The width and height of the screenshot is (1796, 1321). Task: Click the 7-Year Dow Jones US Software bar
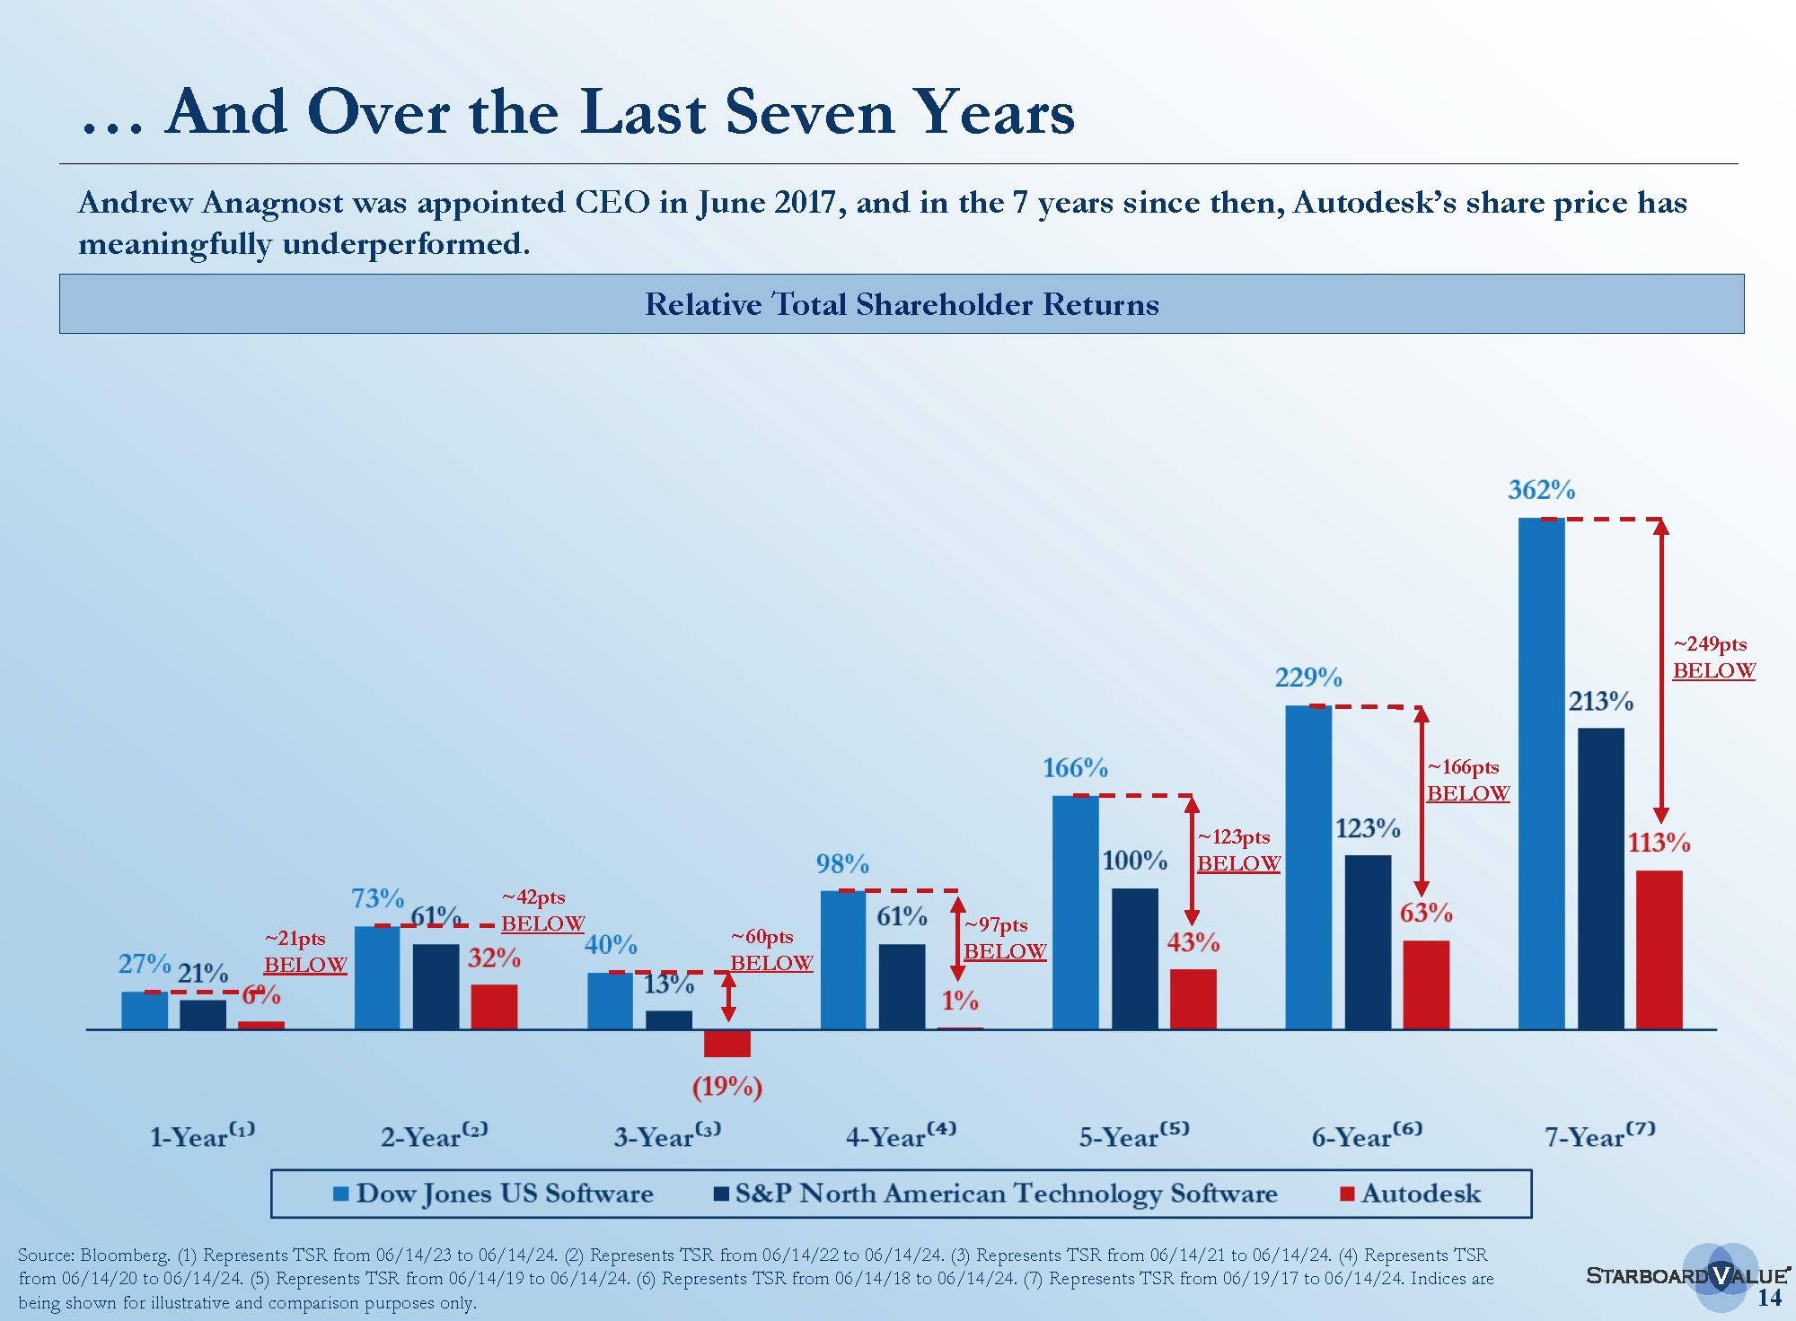coord(1541,773)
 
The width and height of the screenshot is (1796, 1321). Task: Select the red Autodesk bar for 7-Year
coord(1659,949)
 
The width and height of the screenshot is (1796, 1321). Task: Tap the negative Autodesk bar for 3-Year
coord(726,1044)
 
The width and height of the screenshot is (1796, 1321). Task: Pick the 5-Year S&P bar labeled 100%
coord(1135,958)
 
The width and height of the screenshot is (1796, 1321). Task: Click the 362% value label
coord(1541,490)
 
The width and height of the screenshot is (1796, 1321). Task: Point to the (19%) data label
coord(726,1088)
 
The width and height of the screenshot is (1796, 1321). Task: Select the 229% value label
coord(1308,677)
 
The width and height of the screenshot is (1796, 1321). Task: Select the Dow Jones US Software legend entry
coord(493,1194)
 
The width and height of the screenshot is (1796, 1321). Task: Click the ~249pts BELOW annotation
coord(1713,658)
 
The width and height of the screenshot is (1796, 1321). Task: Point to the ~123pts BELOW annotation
coord(1238,850)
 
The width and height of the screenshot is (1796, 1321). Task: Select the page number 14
coord(1768,1299)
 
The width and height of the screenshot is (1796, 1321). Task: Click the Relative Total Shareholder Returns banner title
coord(902,304)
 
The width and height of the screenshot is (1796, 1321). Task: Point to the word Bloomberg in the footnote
coord(123,1255)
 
